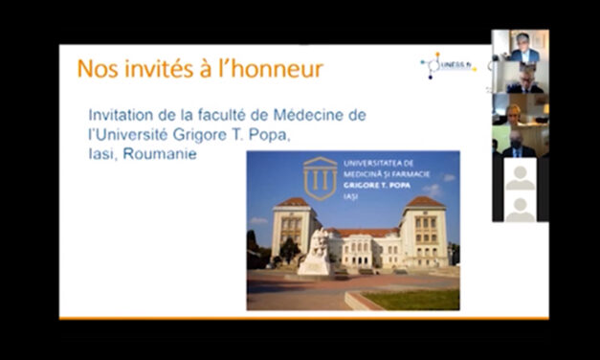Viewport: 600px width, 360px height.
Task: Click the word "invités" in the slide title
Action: click(x=150, y=69)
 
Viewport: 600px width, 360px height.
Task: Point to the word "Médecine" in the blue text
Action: click(x=291, y=115)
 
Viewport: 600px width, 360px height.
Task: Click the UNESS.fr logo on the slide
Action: click(x=447, y=66)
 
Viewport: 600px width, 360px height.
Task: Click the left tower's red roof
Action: click(x=293, y=203)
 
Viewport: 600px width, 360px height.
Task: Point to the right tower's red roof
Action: click(x=424, y=202)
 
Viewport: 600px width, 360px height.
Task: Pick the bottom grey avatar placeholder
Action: click(x=521, y=208)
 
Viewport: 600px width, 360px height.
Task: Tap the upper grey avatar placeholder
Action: click(x=521, y=175)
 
